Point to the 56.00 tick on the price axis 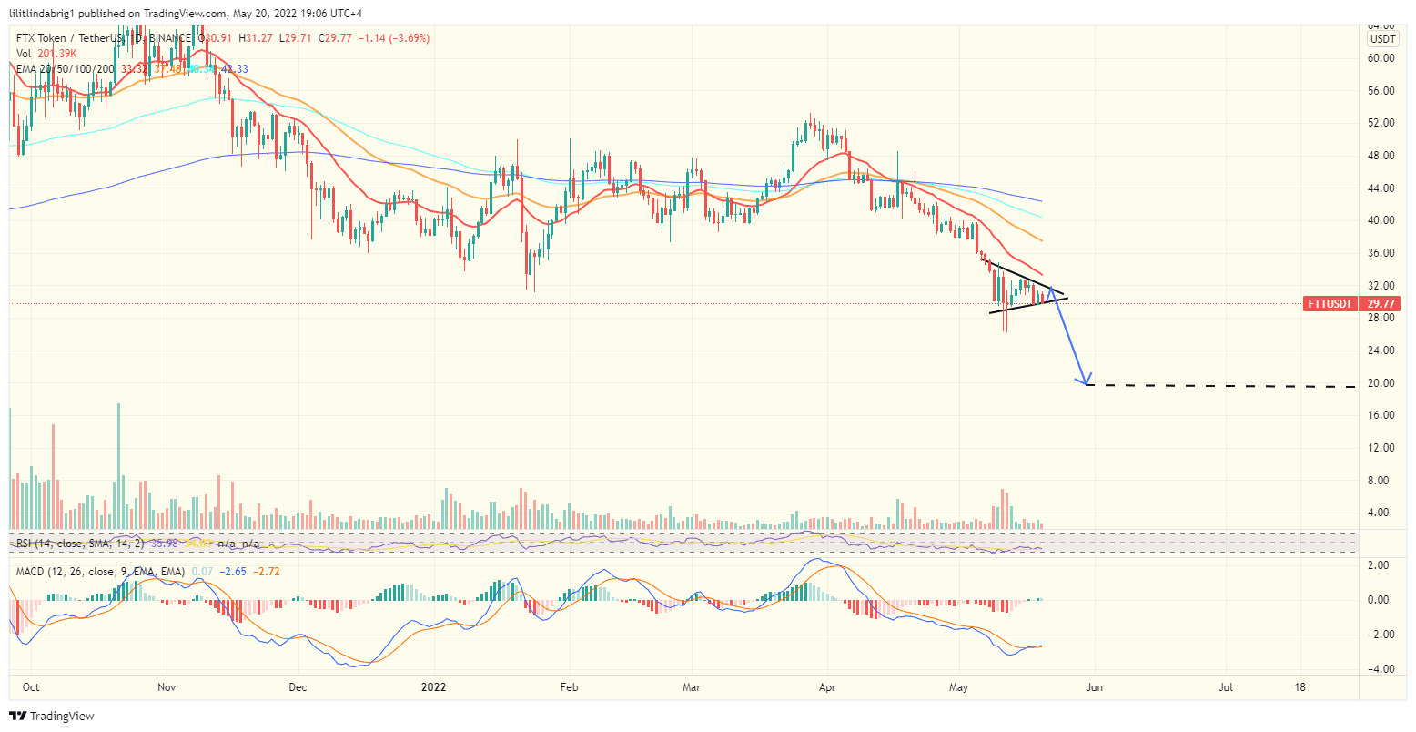tap(1381, 90)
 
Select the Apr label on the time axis tap(827, 686)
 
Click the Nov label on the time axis tap(167, 686)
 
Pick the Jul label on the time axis tap(1226, 686)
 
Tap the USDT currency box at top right tap(1383, 39)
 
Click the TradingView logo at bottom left tap(52, 717)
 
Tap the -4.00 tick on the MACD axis tap(1380, 669)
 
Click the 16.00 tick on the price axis tap(1381, 415)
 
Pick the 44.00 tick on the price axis tap(1381, 188)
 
